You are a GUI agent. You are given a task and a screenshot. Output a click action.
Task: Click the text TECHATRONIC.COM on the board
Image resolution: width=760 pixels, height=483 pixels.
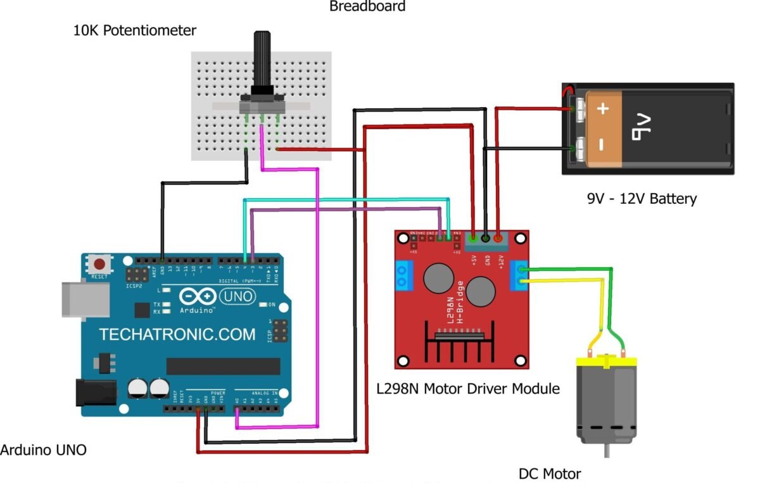tap(177, 334)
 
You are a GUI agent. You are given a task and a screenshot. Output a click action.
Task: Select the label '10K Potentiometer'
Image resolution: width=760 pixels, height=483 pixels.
tap(135, 30)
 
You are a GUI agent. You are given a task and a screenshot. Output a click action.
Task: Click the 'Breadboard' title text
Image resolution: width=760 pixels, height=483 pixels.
tap(367, 6)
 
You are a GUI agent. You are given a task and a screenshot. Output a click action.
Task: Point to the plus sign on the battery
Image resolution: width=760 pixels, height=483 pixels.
tap(603, 110)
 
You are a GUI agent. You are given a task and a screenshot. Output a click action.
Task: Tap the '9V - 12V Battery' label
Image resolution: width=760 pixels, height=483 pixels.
tap(642, 199)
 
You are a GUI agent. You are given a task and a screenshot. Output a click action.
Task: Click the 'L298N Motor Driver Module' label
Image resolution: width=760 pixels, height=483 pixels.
tap(467, 388)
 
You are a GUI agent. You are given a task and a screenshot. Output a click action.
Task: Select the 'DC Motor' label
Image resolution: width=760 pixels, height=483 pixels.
tap(549, 474)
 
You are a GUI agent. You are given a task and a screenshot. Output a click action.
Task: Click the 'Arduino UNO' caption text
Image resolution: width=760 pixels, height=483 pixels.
tap(43, 450)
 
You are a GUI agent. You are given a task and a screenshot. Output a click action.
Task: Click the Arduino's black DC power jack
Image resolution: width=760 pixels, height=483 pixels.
tap(95, 392)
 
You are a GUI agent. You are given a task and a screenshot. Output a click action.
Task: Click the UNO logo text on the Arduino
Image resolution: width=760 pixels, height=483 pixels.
tap(237, 296)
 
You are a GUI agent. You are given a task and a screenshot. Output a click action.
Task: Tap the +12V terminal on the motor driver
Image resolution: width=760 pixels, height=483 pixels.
tap(498, 239)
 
